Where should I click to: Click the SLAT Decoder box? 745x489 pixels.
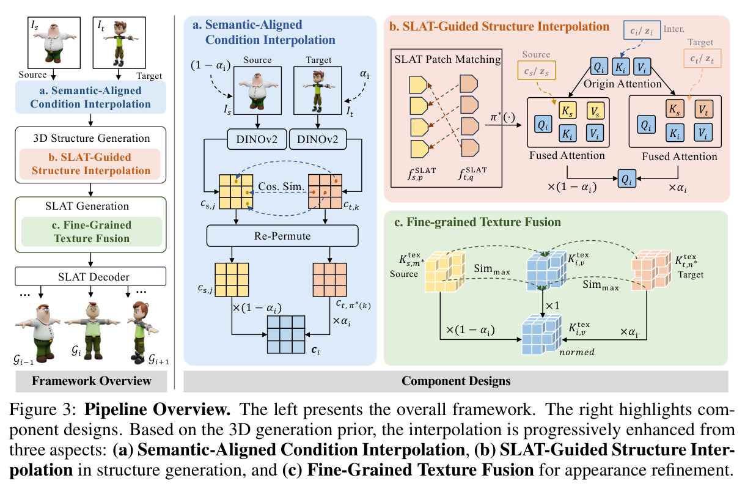pos(90,276)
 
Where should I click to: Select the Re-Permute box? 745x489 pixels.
pos(282,236)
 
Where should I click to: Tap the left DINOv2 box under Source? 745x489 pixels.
pos(257,139)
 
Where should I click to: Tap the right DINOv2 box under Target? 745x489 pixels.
pos(318,139)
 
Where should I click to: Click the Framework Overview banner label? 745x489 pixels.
pos(92,381)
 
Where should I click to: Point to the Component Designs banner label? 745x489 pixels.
pos(456,381)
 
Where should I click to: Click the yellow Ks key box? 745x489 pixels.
pos(567,111)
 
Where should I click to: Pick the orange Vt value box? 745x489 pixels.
pos(704,109)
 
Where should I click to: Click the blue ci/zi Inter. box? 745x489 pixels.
pos(642,31)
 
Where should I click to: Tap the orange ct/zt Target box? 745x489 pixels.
pos(702,59)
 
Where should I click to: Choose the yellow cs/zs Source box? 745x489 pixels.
pos(537,70)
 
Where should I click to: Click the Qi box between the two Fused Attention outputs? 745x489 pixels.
pos(627,178)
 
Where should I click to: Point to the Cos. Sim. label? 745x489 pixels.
pos(281,186)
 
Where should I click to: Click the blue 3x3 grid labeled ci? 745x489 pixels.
pos(286,334)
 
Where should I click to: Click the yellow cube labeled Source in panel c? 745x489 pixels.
pos(445,272)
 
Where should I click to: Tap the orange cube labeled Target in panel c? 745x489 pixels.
pos(651,270)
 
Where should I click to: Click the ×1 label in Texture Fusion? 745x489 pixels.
pos(552,306)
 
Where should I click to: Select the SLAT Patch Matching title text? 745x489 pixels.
pos(447,59)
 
